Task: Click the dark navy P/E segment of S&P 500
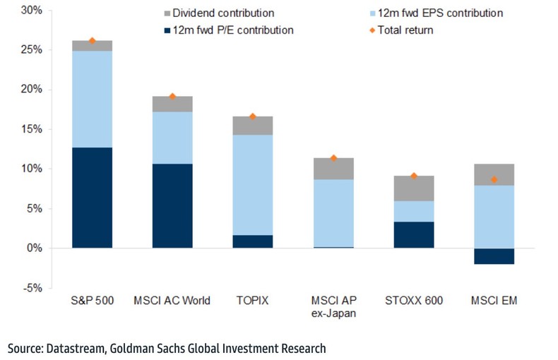[x=92, y=198]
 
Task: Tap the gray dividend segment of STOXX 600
[x=414, y=188]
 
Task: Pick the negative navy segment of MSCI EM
[x=494, y=256]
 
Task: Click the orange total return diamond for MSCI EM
[x=494, y=180]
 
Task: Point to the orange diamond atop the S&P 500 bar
[x=92, y=41]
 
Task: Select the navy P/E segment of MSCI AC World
[x=172, y=205]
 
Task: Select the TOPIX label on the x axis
[x=252, y=301]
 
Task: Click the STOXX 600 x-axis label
[x=414, y=301]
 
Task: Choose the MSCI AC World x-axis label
[x=172, y=301]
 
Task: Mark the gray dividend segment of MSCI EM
[x=494, y=174]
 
